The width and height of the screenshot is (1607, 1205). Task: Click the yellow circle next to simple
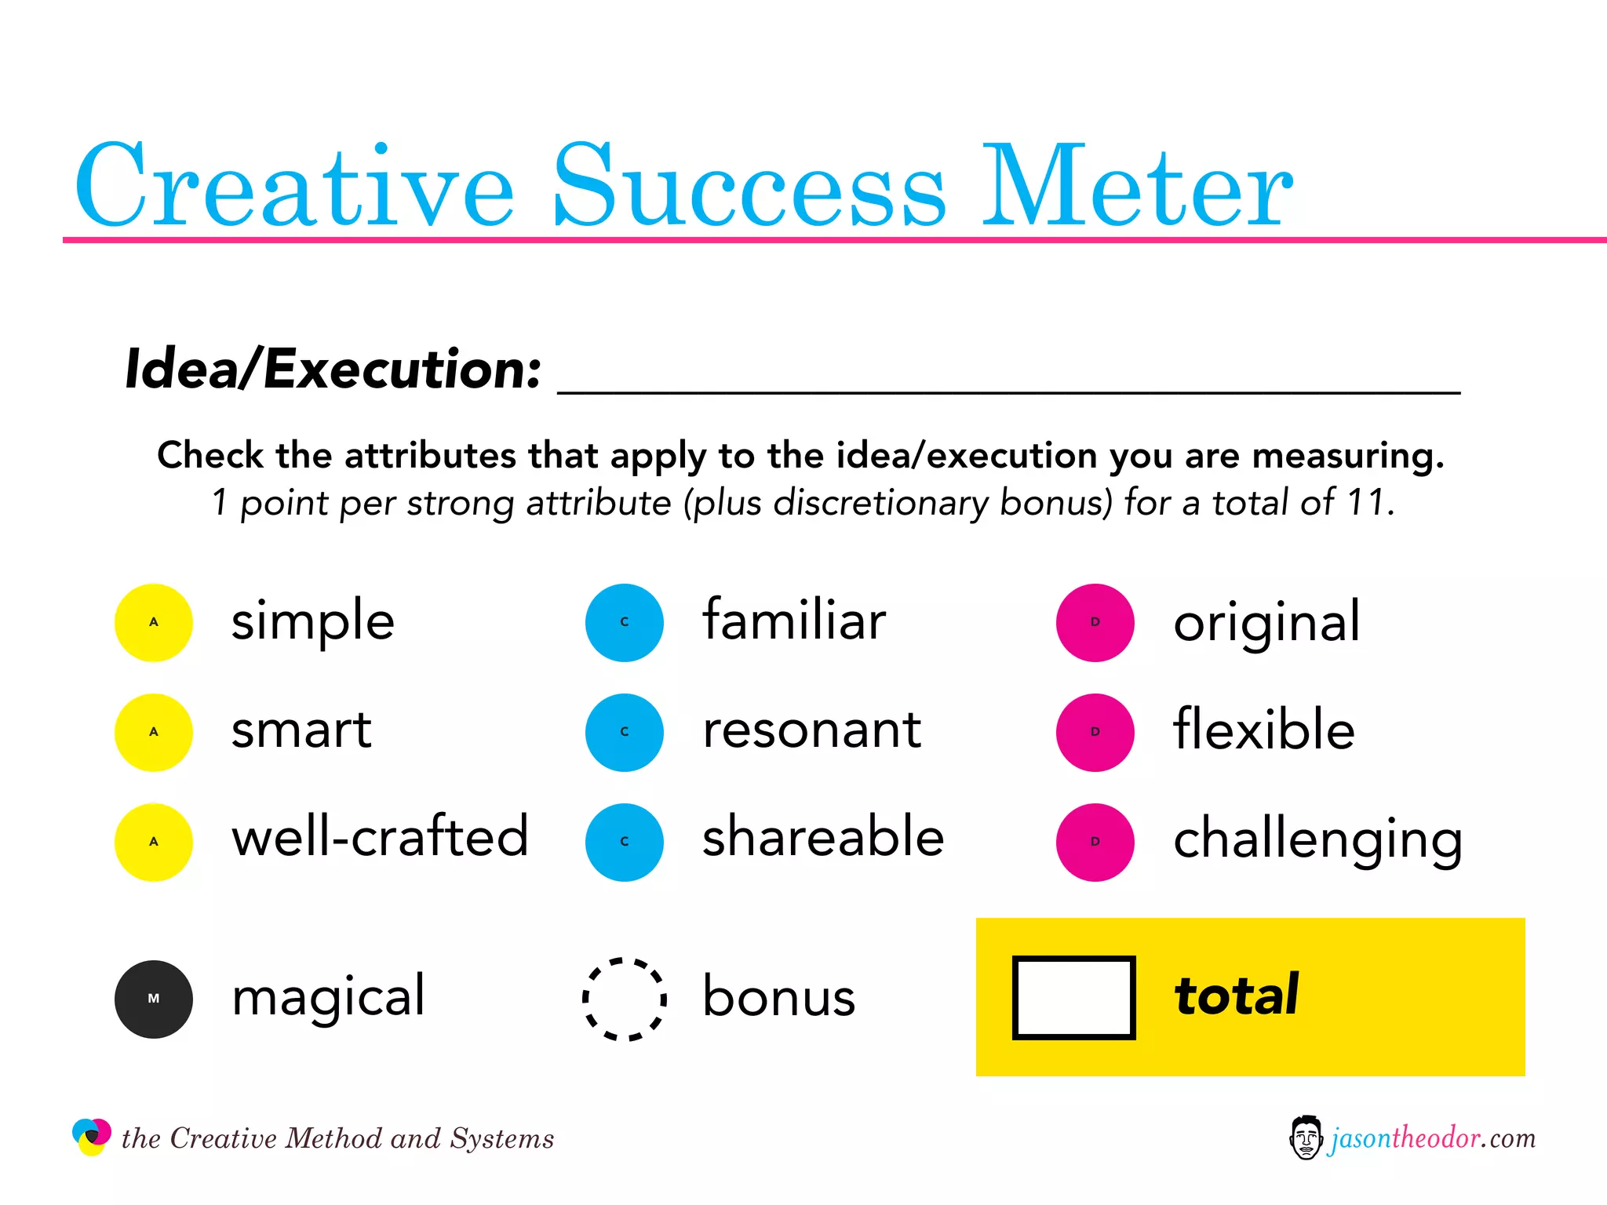[154, 623]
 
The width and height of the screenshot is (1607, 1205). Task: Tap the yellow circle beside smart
[154, 733]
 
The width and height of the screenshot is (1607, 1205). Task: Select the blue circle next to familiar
[625, 623]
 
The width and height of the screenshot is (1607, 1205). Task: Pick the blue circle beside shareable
[625, 843]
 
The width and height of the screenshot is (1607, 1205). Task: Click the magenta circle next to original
[1095, 623]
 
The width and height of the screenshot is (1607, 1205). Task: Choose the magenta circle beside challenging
[1095, 843]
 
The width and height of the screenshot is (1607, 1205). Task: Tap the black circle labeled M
[154, 999]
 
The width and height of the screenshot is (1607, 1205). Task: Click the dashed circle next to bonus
[625, 999]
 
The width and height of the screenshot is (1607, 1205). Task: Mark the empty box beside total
[1073, 998]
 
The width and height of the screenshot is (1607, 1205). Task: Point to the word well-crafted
[380, 838]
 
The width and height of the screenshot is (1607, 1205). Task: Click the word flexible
[1263, 730]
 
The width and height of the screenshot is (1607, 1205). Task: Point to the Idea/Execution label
[333, 369]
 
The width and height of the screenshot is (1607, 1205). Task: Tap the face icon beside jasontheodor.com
[1306, 1138]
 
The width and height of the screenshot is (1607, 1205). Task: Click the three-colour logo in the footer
[92, 1137]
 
